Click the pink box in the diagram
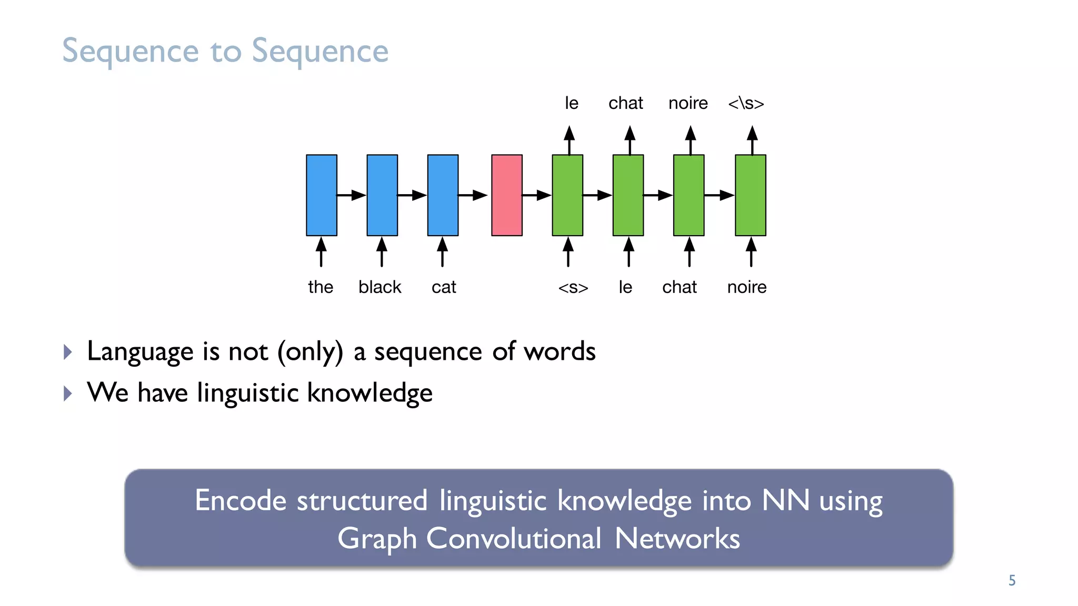click(x=506, y=195)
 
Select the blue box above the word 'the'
click(x=322, y=195)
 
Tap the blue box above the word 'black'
click(x=382, y=195)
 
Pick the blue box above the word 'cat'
click(x=443, y=195)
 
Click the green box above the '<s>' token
click(x=567, y=195)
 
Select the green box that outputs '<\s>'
click(x=750, y=195)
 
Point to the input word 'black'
click(x=380, y=287)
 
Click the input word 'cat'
click(x=444, y=287)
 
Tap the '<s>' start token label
click(x=573, y=288)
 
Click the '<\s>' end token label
click(x=746, y=103)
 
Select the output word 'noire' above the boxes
click(x=688, y=103)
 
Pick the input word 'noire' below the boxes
click(x=746, y=287)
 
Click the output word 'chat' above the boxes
click(x=625, y=103)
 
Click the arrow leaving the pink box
click(x=536, y=196)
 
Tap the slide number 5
click(x=1012, y=580)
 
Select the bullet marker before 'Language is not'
click(x=67, y=352)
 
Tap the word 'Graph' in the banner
click(x=377, y=539)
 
